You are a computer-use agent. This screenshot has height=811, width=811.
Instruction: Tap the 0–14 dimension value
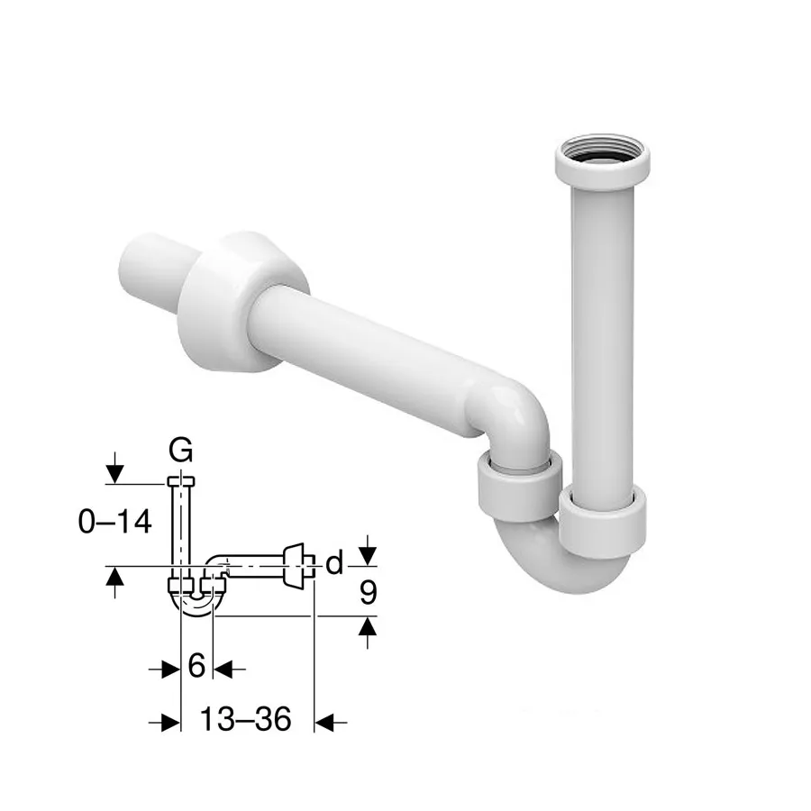[x=114, y=521]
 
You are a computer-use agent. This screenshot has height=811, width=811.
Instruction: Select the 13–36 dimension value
[x=245, y=719]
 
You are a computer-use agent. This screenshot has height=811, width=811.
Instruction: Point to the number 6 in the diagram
[x=196, y=665]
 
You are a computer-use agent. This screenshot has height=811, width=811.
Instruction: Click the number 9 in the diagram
[x=368, y=593]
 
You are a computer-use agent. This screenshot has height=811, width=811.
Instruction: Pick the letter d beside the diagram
[x=334, y=562]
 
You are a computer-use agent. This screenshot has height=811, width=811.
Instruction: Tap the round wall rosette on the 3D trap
[x=243, y=303]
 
